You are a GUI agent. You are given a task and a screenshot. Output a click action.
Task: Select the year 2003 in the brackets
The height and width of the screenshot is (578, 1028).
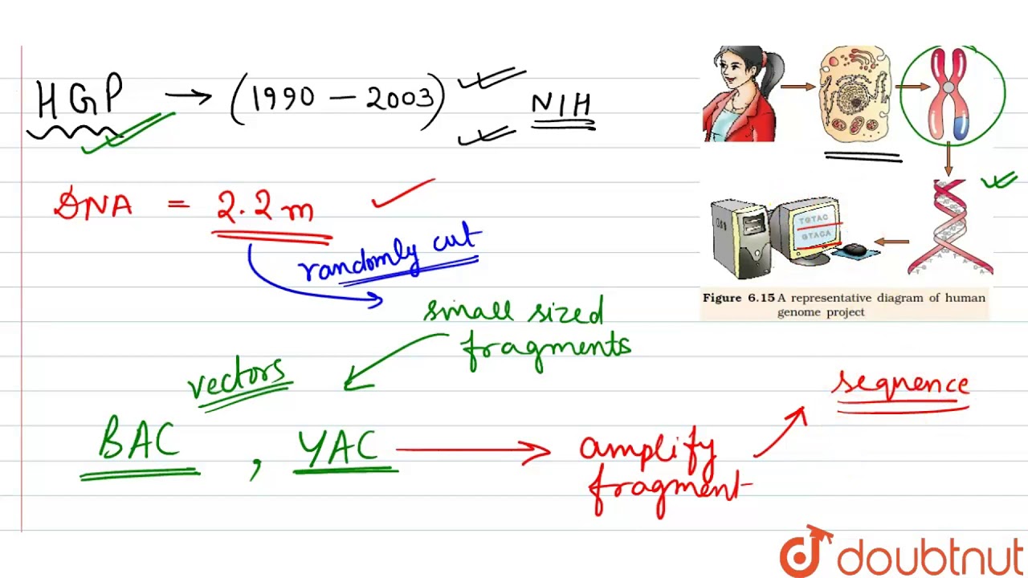click(x=399, y=99)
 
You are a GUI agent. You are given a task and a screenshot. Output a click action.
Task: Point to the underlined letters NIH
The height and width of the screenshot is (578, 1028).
click(x=561, y=106)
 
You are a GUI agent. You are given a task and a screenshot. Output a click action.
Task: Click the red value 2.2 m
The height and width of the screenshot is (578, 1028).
click(x=265, y=207)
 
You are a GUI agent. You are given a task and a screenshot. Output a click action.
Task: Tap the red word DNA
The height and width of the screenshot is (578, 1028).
click(x=93, y=206)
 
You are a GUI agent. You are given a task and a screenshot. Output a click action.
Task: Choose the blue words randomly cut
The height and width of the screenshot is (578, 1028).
click(x=389, y=256)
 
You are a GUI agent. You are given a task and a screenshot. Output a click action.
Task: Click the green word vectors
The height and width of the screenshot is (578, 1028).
click(x=237, y=378)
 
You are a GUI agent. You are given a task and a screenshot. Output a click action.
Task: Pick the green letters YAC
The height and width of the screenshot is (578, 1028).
click(x=337, y=446)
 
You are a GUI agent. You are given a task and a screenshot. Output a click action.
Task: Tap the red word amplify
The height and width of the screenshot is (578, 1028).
click(x=647, y=450)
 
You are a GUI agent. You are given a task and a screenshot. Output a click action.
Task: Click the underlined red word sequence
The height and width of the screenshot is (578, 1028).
click(x=901, y=385)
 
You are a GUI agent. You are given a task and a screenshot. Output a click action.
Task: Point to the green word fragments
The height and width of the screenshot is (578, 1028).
click(x=546, y=349)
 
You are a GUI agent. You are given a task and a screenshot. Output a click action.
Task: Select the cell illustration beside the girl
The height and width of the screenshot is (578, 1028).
click(x=855, y=95)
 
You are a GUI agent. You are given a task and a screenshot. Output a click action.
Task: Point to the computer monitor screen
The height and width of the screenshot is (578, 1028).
click(x=815, y=228)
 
